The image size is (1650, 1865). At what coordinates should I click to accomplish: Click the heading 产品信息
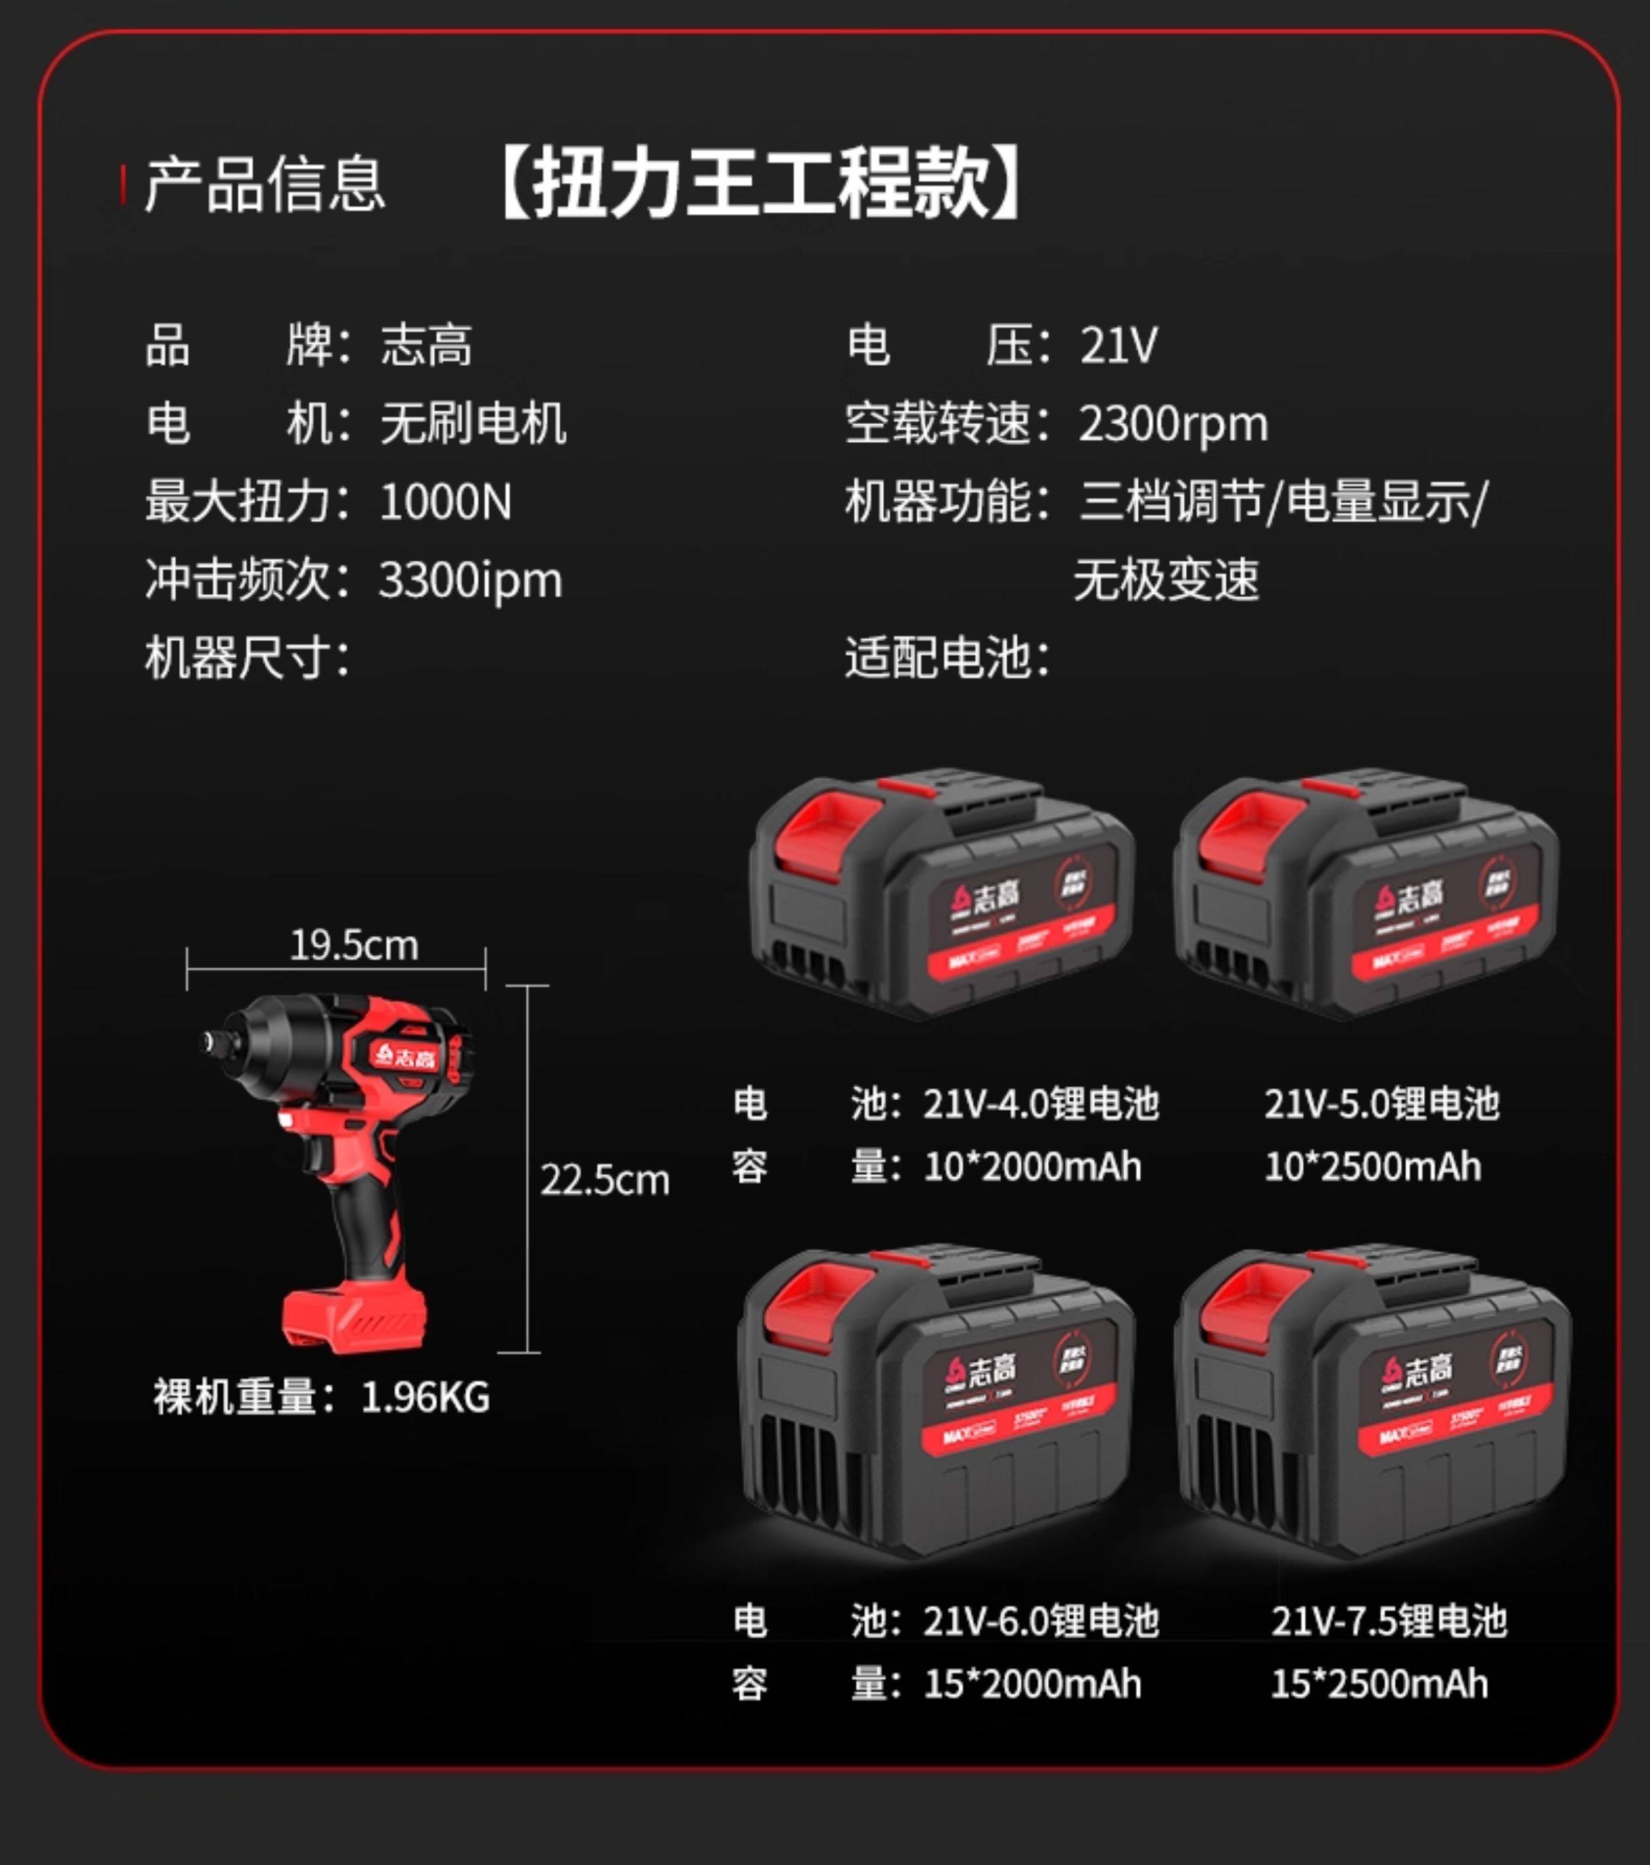click(265, 185)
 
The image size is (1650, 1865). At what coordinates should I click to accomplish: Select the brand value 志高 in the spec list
click(426, 346)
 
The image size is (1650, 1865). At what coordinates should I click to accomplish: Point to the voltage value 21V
click(1119, 346)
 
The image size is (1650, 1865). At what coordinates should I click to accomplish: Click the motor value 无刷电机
click(473, 424)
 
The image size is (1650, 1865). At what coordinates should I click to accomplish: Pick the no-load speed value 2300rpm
click(1174, 424)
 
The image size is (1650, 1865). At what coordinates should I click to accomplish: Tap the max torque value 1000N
click(445, 502)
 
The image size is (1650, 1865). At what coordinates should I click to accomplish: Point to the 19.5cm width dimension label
click(354, 945)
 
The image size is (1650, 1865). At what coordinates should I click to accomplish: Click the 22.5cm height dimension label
click(604, 1181)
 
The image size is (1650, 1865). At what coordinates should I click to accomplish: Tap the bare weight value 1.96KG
click(425, 1397)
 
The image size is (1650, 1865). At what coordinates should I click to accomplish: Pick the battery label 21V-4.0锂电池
click(1041, 1104)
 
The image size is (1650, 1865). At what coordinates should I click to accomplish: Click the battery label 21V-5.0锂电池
click(1382, 1104)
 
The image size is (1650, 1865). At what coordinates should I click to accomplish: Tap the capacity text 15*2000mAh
click(1032, 1683)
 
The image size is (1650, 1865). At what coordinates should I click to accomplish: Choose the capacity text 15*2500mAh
click(1379, 1683)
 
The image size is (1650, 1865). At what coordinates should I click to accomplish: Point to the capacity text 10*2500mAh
click(1373, 1167)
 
